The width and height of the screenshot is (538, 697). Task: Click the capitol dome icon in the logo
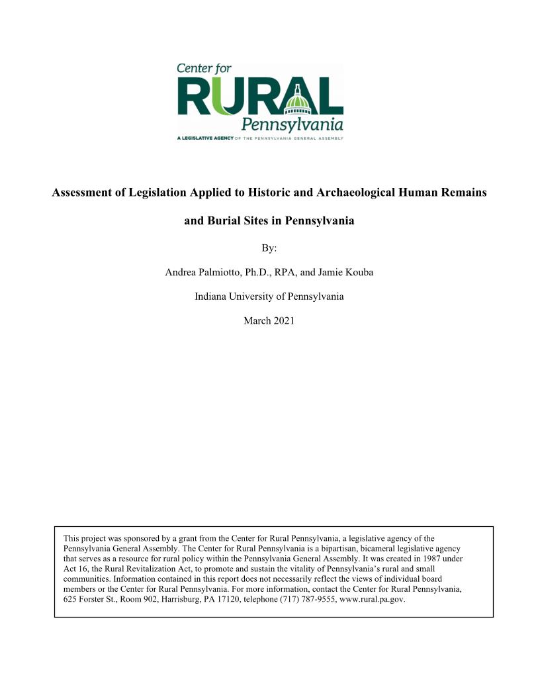[x=301, y=98]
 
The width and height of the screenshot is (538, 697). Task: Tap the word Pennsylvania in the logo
[x=292, y=124]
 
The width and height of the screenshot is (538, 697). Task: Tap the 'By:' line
[x=269, y=248]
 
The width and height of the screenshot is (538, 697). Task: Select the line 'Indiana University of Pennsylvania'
[x=269, y=297]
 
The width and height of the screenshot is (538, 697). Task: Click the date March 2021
[x=269, y=320]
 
